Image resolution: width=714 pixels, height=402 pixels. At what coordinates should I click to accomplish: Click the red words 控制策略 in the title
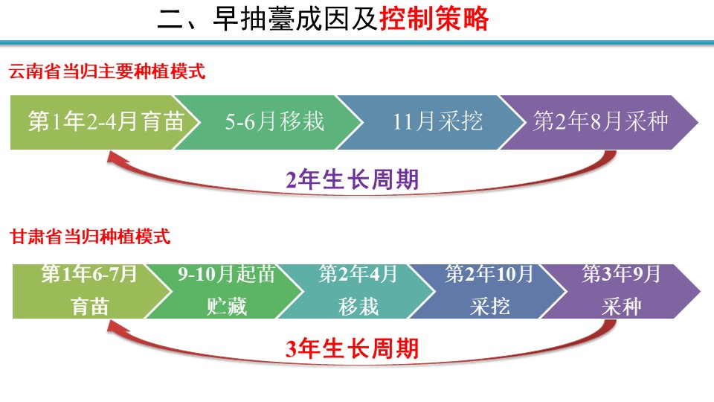tap(434, 19)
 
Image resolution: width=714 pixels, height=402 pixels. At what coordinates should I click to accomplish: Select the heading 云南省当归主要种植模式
tap(107, 71)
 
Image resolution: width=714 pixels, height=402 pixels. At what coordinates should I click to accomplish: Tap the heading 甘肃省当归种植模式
tap(90, 237)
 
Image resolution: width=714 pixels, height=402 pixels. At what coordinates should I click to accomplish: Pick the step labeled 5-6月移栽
tap(268, 122)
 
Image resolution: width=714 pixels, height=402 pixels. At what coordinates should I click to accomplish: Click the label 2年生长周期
tap(352, 179)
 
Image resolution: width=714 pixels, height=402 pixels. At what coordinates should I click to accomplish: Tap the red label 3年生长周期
tap(352, 348)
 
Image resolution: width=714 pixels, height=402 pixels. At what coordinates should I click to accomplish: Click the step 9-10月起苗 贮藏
tap(225, 291)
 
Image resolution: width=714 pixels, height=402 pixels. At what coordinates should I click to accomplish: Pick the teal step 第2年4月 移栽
tap(358, 291)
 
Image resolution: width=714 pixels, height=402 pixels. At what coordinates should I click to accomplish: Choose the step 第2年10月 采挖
tap(489, 291)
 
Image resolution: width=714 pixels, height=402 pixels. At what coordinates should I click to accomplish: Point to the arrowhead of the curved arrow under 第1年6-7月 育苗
tap(114, 328)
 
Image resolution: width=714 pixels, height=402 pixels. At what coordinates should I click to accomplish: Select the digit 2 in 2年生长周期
tap(292, 180)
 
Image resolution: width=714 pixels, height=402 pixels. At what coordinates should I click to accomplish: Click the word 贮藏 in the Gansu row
tap(226, 306)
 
